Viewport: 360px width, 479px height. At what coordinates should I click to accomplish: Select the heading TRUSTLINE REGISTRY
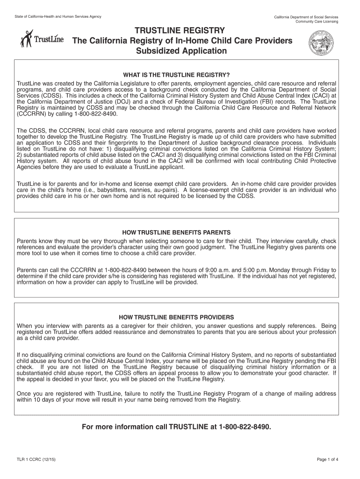point(180,30)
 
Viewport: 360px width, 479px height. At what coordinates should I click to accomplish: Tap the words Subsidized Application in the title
point(180,51)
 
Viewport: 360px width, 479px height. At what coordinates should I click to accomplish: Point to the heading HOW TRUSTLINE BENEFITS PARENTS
point(176,232)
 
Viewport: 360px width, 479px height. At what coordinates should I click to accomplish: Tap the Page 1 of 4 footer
point(327,459)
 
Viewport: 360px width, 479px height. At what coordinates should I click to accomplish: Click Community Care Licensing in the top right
point(317,22)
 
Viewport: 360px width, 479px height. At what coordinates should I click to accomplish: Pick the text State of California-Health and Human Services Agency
point(58,17)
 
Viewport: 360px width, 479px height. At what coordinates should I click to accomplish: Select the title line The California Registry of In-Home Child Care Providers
point(182,41)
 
